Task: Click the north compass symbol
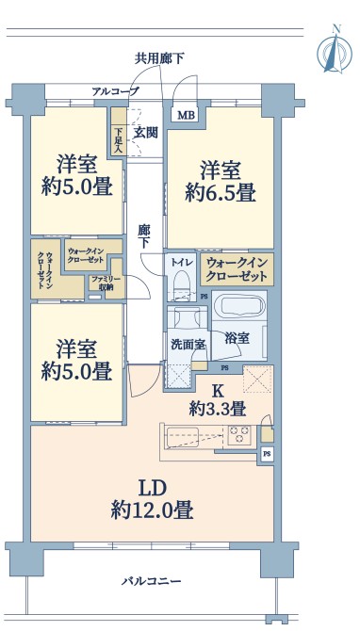pyautogui.click(x=335, y=50)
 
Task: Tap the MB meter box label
pyautogui.click(x=187, y=115)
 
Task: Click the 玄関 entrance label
pyautogui.click(x=145, y=132)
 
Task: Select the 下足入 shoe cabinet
pyautogui.click(x=119, y=131)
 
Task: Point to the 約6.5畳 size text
pyautogui.click(x=221, y=194)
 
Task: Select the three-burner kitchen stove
pyautogui.click(x=239, y=435)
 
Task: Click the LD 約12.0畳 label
pyautogui.click(x=153, y=500)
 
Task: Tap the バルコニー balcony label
pyautogui.click(x=152, y=581)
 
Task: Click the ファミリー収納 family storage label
pyautogui.click(x=102, y=283)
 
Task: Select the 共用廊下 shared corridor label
pyautogui.click(x=159, y=59)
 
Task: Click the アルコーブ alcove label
pyautogui.click(x=116, y=91)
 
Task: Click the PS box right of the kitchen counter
pyautogui.click(x=267, y=454)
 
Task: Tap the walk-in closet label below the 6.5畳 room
pyautogui.click(x=237, y=269)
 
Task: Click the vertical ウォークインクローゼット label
pyautogui.click(x=44, y=269)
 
